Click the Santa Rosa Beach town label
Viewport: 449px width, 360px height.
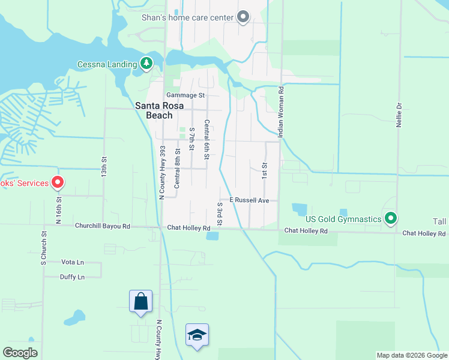click(x=154, y=110)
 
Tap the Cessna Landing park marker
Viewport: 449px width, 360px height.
click(x=146, y=63)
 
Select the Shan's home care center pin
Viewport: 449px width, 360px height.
click(x=243, y=17)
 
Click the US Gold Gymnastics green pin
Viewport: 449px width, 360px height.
click(x=391, y=217)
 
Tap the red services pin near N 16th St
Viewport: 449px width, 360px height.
click(x=58, y=182)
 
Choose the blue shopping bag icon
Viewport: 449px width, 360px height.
click(x=140, y=301)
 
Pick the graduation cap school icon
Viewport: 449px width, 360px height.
click(x=197, y=335)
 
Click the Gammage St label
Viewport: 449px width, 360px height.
click(x=185, y=95)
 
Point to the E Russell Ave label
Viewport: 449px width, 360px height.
click(x=249, y=200)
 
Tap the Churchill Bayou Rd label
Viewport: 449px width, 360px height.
click(x=102, y=227)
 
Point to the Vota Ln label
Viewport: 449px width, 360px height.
click(x=73, y=262)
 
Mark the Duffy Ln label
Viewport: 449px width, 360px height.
click(x=72, y=277)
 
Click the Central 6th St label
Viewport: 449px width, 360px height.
click(x=206, y=139)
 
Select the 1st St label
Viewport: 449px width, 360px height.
click(x=264, y=170)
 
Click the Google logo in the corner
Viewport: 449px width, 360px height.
click(x=20, y=353)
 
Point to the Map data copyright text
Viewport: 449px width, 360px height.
click(x=411, y=355)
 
